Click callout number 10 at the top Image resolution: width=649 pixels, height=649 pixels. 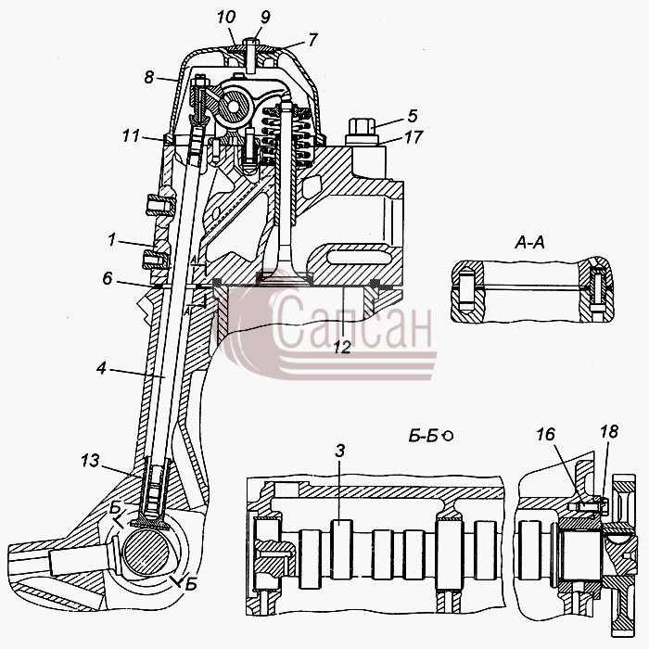[x=226, y=18]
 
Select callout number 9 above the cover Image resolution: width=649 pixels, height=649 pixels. [x=264, y=17]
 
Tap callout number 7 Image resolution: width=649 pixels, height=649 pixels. [x=312, y=39]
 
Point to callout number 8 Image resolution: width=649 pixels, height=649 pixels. [x=149, y=77]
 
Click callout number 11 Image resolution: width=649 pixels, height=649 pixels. [x=131, y=135]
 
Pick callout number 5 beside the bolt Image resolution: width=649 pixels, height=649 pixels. [x=413, y=116]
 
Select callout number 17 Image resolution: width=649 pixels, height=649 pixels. [x=414, y=137]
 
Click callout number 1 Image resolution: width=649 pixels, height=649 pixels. [x=111, y=239]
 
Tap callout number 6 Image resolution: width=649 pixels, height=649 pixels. [x=108, y=278]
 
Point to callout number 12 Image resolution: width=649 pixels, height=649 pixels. [x=342, y=348]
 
